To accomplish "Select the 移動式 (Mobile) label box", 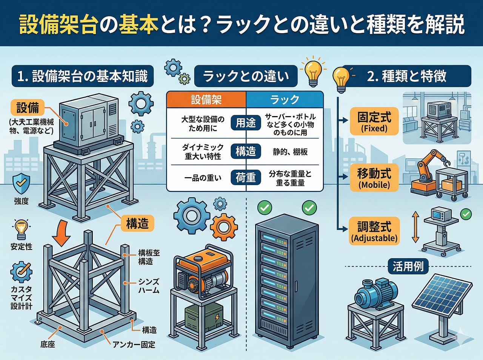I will pos(374,178).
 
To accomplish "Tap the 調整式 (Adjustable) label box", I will pos(374,231).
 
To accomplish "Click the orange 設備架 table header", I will pos(206,100).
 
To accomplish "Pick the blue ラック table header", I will pos(285,100).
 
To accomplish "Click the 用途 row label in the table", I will pos(246,123).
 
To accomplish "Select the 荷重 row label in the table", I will pos(246,178).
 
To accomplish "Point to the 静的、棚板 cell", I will pos(290,152).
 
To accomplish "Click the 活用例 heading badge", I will pos(408,267).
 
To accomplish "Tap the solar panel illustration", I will pos(441,298).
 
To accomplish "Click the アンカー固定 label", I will pos(134,345).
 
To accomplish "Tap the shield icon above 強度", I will pos(21,184).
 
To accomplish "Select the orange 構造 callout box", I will pos(137,224).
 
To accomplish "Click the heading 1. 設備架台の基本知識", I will pos(82,77).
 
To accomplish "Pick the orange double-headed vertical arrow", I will pos(415,227).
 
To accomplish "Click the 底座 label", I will pos(48,345).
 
